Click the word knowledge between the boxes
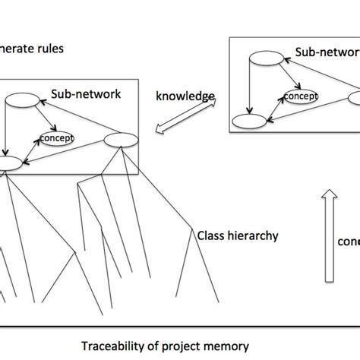185,96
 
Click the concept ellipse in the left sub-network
55,138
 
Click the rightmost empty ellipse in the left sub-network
118,139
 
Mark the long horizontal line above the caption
180,327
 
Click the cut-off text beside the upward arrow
348,241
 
